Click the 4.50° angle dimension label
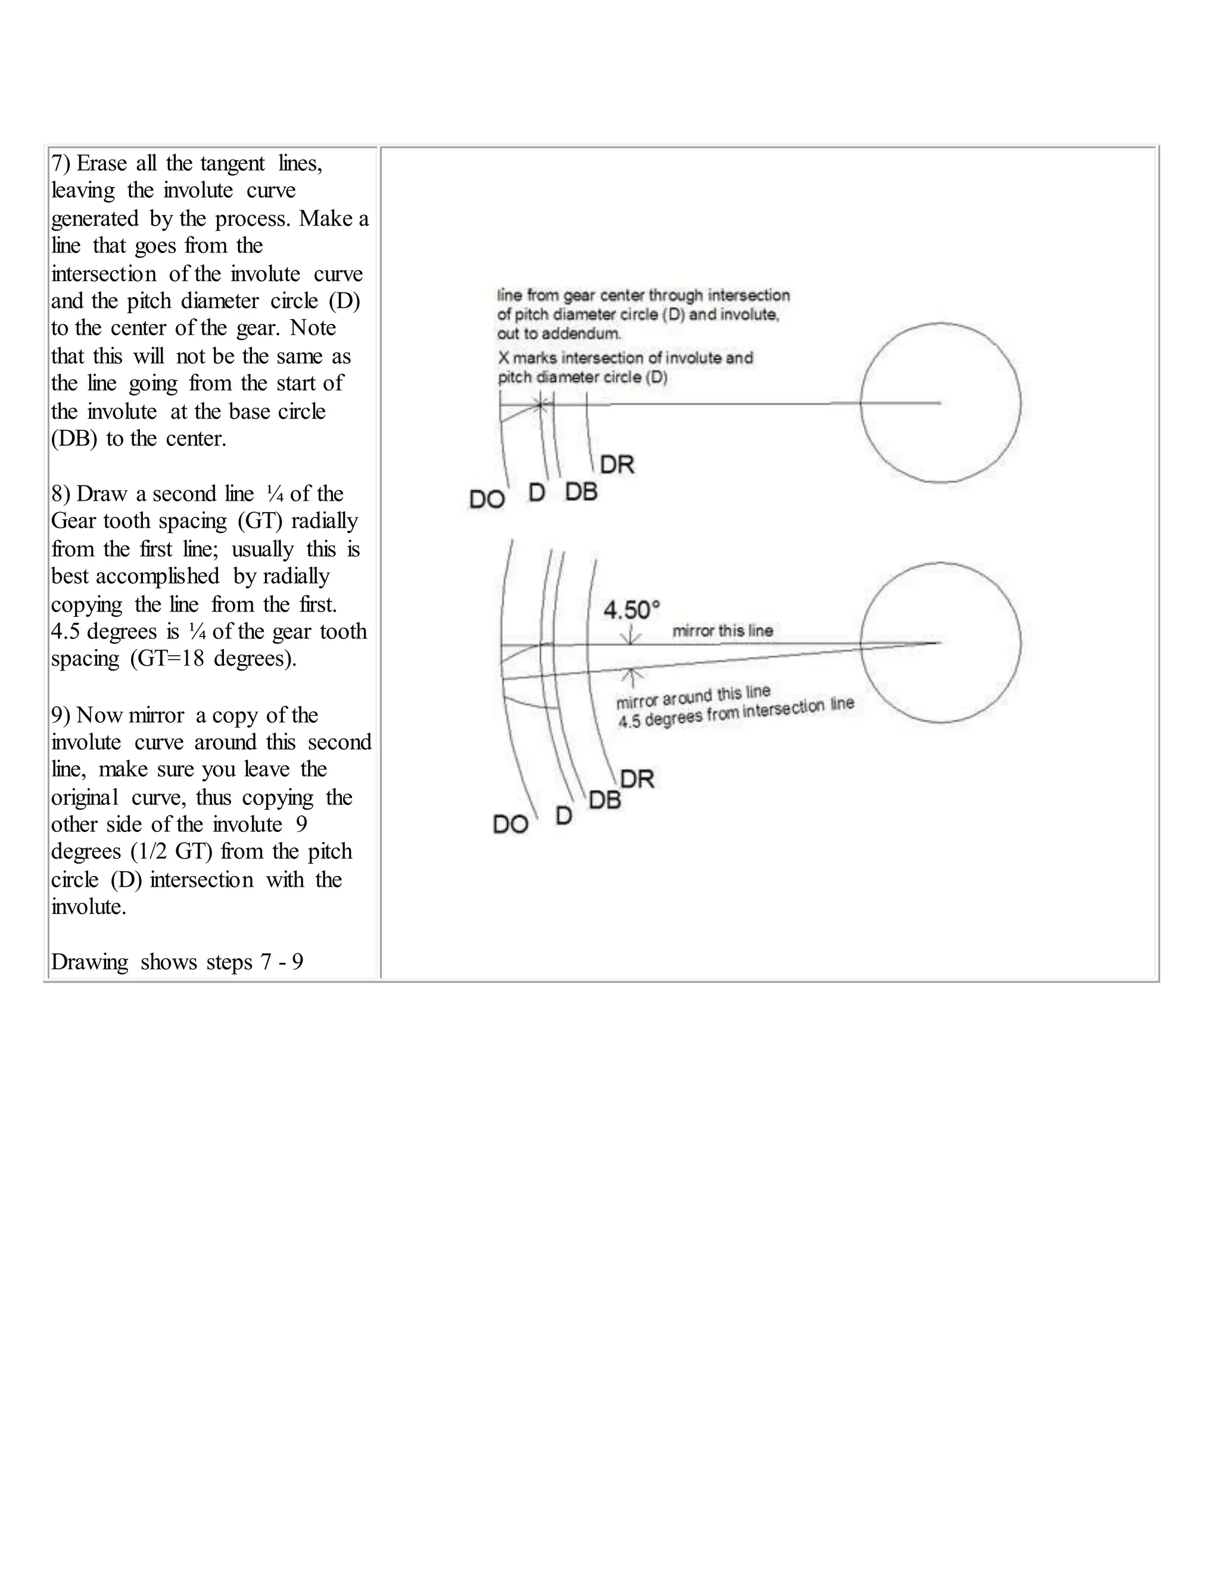[x=631, y=610]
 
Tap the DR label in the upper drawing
[x=617, y=464]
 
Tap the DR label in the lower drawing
[x=637, y=779]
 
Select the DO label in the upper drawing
[x=487, y=499]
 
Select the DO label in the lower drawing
[x=511, y=824]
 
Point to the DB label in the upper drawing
[x=581, y=492]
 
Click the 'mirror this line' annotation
[x=722, y=631]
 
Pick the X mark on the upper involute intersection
[x=540, y=404]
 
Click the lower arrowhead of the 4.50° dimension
[x=633, y=673]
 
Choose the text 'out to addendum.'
[x=559, y=334]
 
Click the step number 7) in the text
[x=61, y=163]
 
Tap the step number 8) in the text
[x=61, y=494]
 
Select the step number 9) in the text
[x=61, y=715]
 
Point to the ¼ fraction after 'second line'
[x=275, y=494]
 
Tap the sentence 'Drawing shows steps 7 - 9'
[x=177, y=962]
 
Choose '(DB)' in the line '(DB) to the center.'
[x=74, y=439]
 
